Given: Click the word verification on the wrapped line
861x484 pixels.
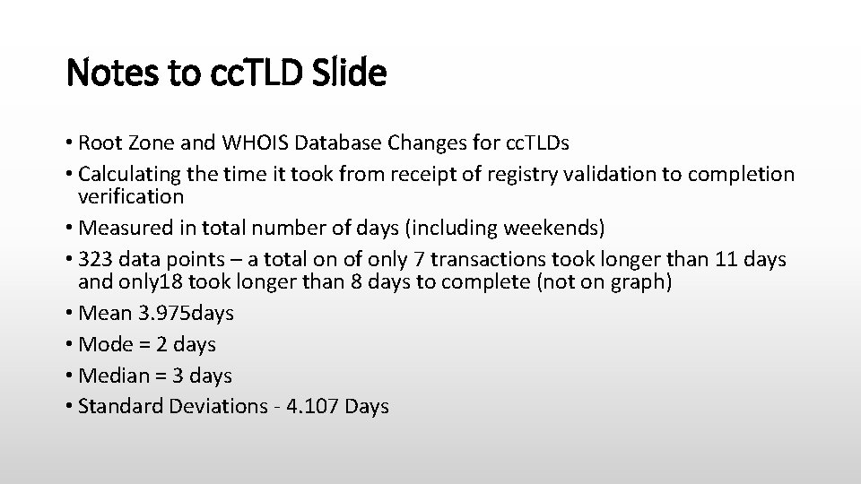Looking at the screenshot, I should tap(131, 196).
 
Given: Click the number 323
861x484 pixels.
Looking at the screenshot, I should tap(96, 259).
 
